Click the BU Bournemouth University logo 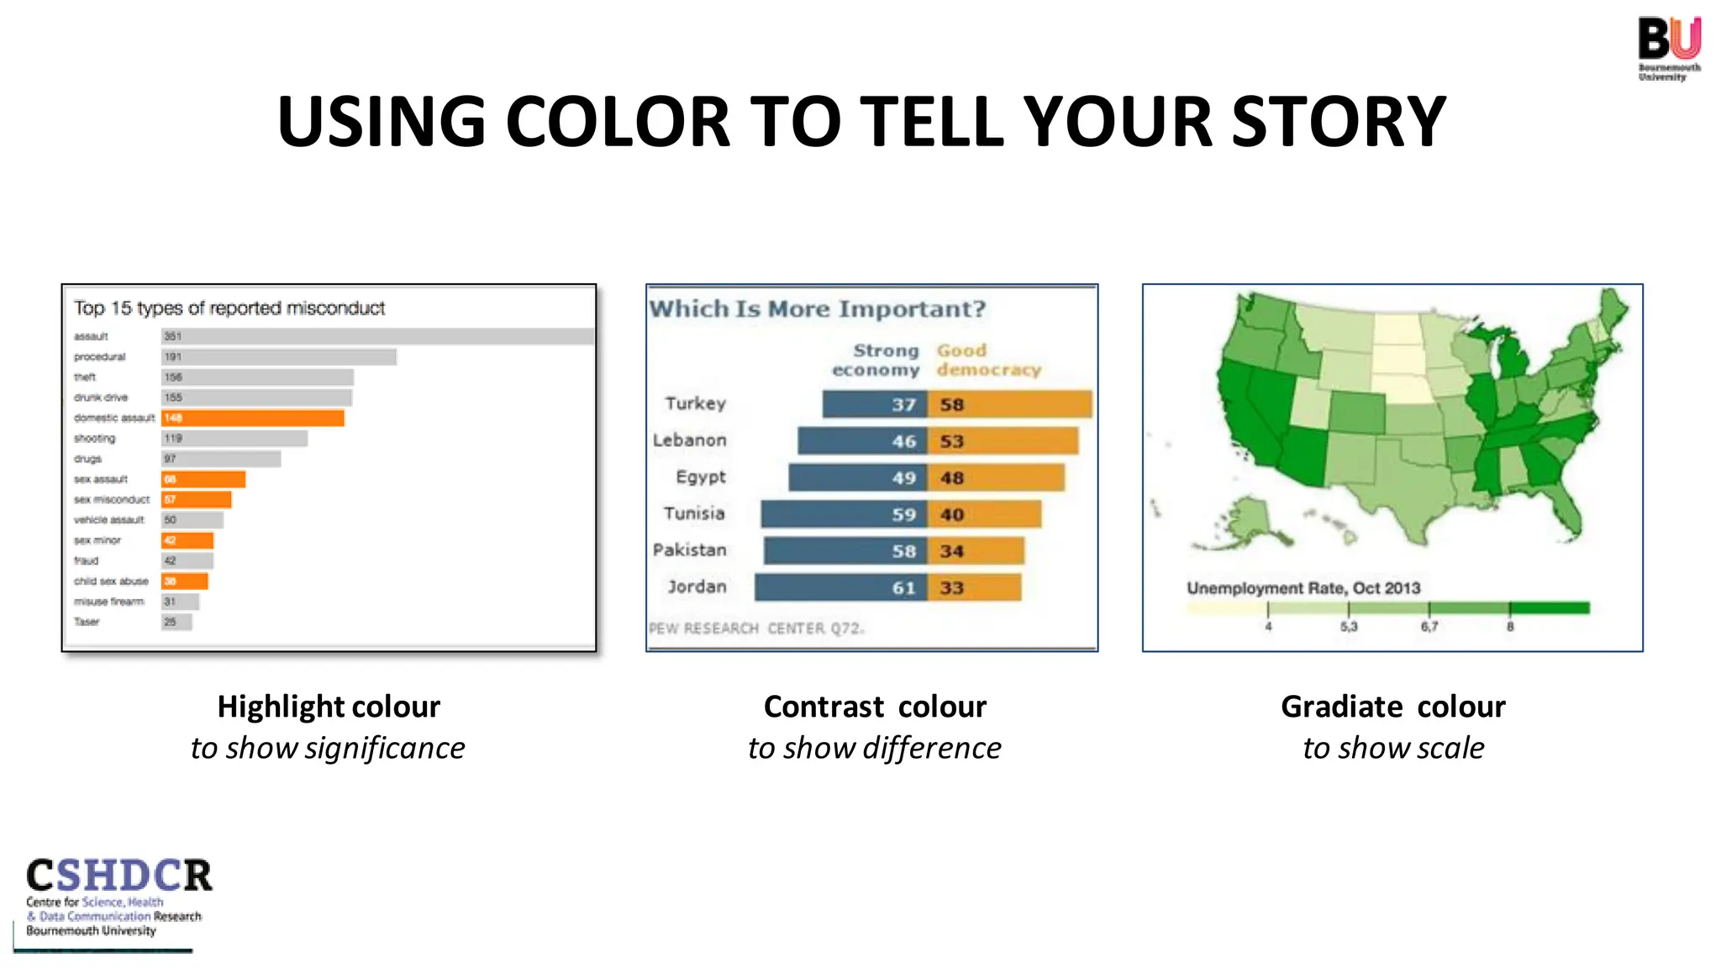[1669, 48]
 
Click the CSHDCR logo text [118, 876]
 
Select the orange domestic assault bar [253, 418]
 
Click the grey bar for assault [377, 336]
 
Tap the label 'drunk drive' [101, 397]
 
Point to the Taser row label [87, 622]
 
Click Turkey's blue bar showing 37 [874, 404]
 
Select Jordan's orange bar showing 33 [975, 587]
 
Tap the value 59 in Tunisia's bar [903, 514]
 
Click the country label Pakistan [689, 550]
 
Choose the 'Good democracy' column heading [987, 360]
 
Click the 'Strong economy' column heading [876, 360]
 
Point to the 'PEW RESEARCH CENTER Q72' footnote [755, 629]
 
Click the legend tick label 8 [1509, 627]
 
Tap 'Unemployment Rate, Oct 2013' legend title [1303, 588]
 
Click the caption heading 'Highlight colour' [329, 707]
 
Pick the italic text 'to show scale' [1392, 748]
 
